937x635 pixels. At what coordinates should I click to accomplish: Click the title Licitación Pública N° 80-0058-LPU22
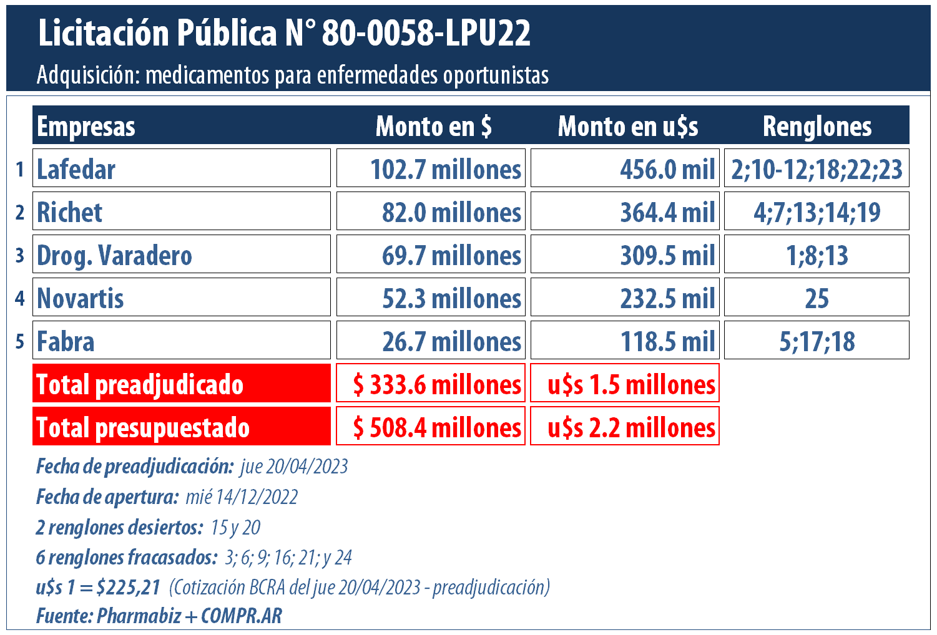(x=284, y=34)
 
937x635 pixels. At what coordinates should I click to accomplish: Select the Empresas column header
(x=86, y=126)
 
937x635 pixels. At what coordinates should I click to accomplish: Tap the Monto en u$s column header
(x=627, y=126)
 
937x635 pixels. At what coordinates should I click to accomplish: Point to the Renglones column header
(x=817, y=126)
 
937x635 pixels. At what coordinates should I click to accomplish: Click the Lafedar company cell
(x=181, y=168)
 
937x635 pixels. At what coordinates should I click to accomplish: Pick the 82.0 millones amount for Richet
(x=431, y=211)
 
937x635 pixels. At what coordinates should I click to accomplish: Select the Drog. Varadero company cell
(x=181, y=254)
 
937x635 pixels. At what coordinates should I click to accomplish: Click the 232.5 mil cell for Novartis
(x=625, y=298)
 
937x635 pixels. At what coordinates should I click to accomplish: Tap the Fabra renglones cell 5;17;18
(x=817, y=341)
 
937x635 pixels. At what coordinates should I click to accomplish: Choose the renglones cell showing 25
(x=817, y=298)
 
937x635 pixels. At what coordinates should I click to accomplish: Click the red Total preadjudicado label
(x=181, y=384)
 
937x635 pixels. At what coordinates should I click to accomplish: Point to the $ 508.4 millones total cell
(x=431, y=427)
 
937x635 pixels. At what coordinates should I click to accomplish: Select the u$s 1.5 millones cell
(x=625, y=384)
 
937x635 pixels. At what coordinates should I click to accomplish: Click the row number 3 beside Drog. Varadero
(x=20, y=255)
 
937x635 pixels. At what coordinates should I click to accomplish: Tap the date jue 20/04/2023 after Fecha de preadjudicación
(x=293, y=467)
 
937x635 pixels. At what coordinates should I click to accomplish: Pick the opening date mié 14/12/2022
(x=242, y=497)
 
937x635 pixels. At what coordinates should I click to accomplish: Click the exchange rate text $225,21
(x=128, y=587)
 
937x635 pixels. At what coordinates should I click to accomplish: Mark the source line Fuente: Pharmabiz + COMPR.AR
(x=159, y=616)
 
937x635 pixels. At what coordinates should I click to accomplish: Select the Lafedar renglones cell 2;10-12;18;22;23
(x=817, y=168)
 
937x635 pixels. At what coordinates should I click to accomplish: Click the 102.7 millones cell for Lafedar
(x=431, y=168)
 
